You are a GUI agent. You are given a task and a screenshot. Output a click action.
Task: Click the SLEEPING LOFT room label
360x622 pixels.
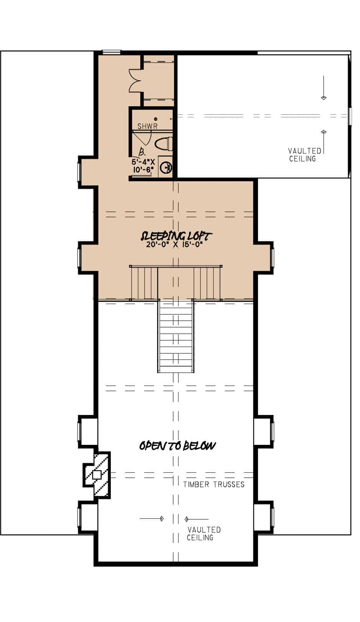point(177,235)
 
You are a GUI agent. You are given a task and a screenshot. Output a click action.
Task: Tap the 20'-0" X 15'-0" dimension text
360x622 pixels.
point(174,245)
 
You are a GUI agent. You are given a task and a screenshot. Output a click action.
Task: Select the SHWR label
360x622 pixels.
point(147,126)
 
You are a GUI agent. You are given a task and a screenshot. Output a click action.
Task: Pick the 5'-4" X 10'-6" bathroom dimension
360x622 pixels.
point(143,165)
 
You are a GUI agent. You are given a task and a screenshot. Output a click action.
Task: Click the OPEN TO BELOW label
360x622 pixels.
point(178,446)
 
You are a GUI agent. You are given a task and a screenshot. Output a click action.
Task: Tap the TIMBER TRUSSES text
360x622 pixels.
point(214,484)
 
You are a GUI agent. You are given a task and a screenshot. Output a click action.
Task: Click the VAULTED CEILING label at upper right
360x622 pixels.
point(304,155)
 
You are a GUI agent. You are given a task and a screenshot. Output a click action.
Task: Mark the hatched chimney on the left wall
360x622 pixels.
point(97,475)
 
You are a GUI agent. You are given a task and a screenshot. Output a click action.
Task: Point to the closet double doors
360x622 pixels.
point(135,81)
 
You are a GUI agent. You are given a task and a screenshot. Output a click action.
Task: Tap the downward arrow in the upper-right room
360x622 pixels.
point(324,88)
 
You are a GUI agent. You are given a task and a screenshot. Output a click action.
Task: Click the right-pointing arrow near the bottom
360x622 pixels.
point(152,519)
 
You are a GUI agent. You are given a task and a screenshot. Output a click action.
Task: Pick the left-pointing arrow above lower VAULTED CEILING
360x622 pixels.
point(196,519)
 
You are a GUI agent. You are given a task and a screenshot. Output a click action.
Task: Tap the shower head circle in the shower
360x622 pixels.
point(156,119)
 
